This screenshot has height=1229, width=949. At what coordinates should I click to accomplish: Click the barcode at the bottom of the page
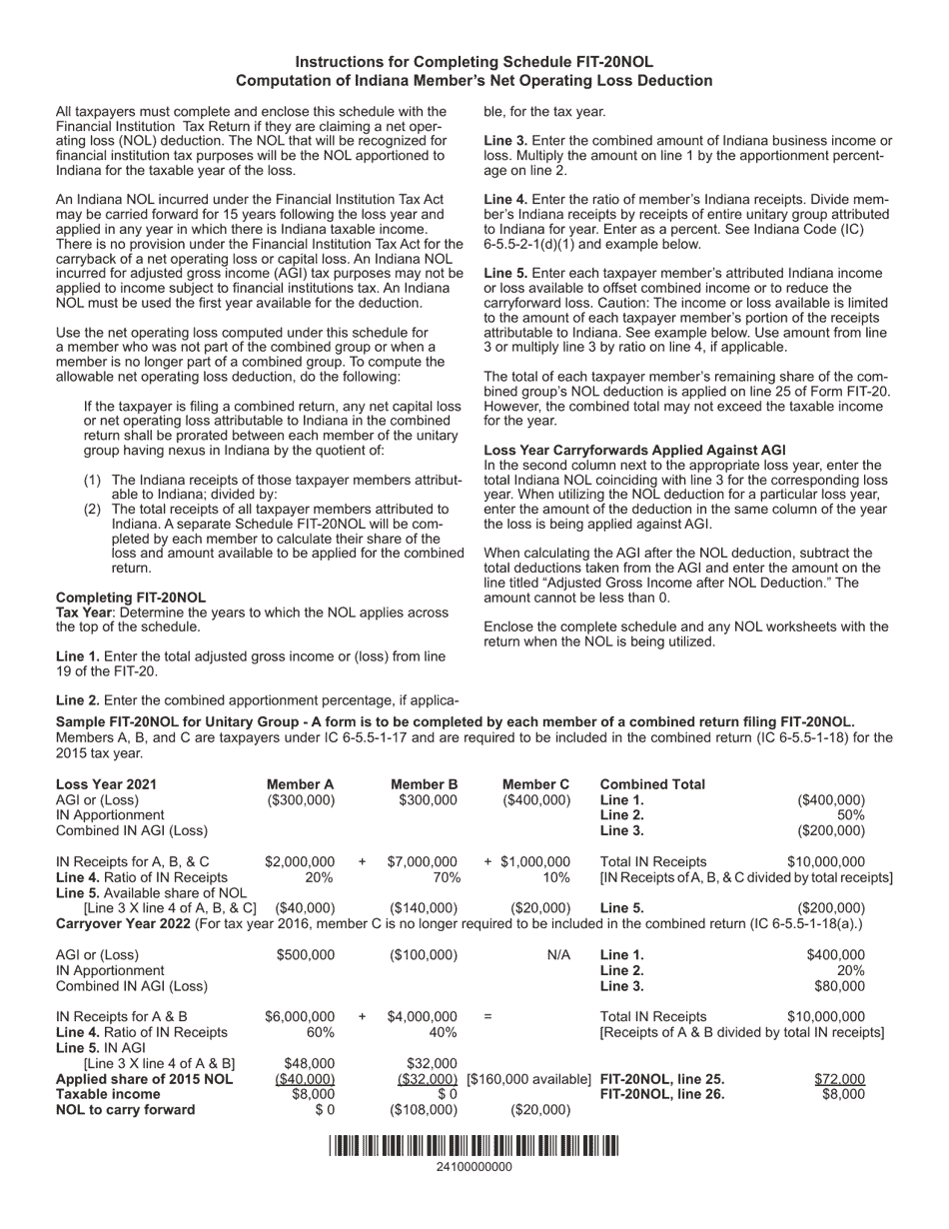(474, 1146)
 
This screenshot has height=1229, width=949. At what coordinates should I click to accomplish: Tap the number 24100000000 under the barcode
(474, 1167)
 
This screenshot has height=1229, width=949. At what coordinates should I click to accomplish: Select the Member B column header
(424, 784)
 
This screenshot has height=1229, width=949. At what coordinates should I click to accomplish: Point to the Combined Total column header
(652, 784)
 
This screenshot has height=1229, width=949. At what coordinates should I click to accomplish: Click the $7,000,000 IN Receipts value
(422, 861)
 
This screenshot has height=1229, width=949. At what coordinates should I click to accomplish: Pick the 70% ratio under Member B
(442, 877)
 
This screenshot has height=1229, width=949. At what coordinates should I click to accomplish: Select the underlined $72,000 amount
(839, 1079)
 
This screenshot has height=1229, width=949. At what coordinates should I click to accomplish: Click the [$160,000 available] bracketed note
(528, 1079)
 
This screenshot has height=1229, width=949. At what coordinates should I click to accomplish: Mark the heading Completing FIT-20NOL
(117, 597)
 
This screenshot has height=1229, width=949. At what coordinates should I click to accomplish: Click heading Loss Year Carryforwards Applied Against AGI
(634, 451)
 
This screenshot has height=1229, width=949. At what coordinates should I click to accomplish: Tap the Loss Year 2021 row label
(106, 784)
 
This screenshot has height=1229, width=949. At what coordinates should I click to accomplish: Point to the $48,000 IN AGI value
(310, 1063)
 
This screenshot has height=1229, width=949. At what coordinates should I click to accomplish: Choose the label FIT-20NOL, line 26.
(661, 1094)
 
